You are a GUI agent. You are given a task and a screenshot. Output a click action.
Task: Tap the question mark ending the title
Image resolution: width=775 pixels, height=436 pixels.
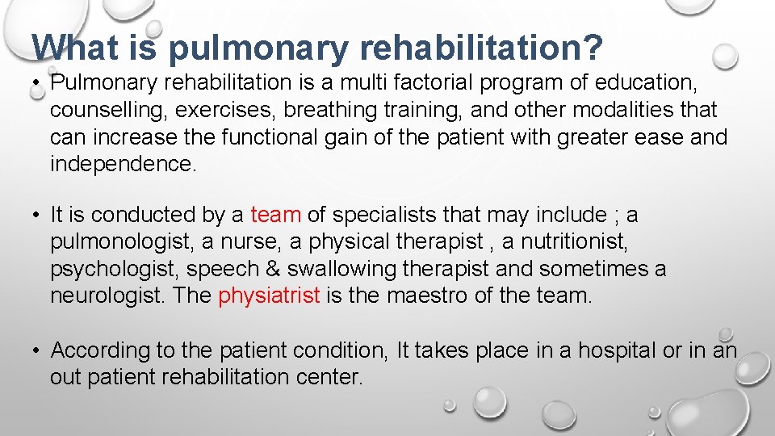[592, 47]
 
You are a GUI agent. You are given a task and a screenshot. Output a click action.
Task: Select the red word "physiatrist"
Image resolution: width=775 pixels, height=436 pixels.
[270, 296]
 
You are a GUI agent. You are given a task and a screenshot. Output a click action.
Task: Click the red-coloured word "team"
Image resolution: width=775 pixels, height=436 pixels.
[275, 215]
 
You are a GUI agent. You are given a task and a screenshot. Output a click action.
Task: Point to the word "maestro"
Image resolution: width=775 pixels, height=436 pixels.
[428, 296]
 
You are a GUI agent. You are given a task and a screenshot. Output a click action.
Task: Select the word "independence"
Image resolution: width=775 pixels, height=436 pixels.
[123, 164]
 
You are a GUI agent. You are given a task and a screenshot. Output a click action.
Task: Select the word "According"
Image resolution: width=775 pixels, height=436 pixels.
[100, 350]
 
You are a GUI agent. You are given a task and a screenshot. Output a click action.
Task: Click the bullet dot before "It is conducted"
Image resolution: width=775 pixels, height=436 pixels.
[37, 215]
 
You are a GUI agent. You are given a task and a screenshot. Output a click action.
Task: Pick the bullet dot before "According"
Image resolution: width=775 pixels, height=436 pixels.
[37, 350]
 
